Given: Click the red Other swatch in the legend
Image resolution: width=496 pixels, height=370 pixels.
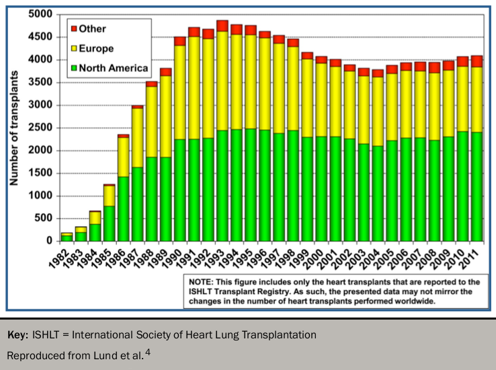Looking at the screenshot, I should (x=73, y=29).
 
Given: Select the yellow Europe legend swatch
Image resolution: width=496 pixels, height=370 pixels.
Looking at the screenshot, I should (x=73, y=48).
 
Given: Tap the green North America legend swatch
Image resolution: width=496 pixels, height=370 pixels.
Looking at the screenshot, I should (x=73, y=68).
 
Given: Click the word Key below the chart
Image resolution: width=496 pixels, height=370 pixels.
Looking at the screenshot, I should (x=18, y=334).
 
